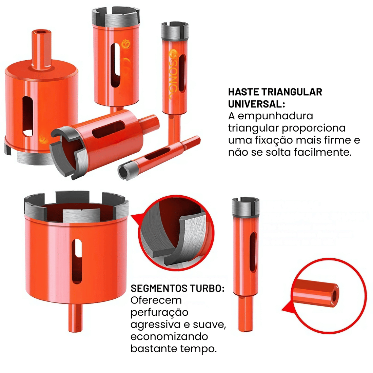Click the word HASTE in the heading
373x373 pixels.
coord(243,92)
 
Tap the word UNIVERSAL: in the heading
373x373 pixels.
coord(257,104)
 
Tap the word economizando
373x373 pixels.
coord(169,337)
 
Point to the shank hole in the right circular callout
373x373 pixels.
coord(335,295)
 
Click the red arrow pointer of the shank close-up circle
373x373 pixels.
coord(288,308)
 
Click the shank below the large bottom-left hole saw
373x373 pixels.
coord(75,317)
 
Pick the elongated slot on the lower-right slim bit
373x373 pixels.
coord(253,252)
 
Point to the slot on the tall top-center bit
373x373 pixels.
coord(115,65)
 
